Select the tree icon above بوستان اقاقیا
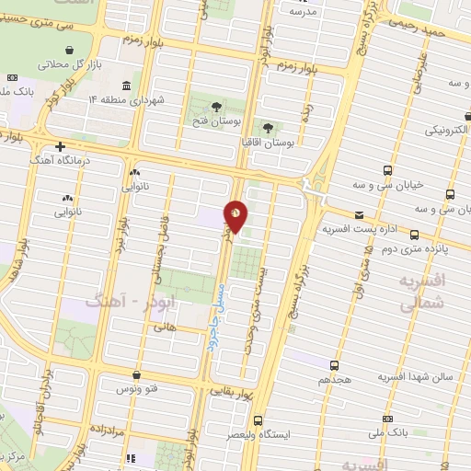click(x=268, y=128)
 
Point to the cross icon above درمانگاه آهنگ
click(x=60, y=146)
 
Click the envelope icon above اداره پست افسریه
click(x=359, y=214)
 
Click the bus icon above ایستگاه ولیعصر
click(x=258, y=419)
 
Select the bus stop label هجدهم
click(x=337, y=379)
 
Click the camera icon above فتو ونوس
click(x=137, y=374)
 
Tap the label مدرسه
click(x=303, y=11)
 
